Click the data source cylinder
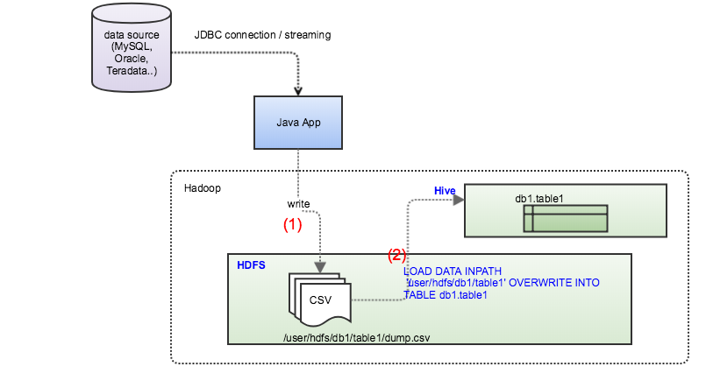[x=131, y=48]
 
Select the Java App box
[x=299, y=123]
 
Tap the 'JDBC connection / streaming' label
[x=262, y=35]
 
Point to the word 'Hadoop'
[x=203, y=188]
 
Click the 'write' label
[x=298, y=203]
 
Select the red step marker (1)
[x=292, y=224]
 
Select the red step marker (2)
[x=397, y=256]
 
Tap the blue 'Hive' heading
[x=445, y=190]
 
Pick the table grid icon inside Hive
[x=565, y=219]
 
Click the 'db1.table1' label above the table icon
[x=538, y=199]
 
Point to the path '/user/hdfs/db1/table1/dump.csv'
[x=356, y=335]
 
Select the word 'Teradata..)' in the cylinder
[x=132, y=70]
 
